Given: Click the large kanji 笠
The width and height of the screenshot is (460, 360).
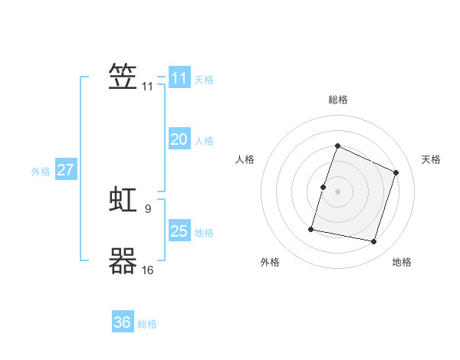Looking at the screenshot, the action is click(123, 77).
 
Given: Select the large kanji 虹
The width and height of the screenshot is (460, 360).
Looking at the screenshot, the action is click(123, 199).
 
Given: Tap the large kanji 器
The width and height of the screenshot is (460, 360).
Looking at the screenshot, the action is click(123, 260).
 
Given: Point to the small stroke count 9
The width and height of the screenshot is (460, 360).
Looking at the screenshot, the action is click(148, 209).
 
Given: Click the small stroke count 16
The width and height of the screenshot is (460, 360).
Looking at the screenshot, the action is click(147, 270).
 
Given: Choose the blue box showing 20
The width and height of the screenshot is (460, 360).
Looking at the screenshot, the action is click(179, 139).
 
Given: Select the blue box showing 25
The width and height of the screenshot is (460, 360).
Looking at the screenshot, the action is click(179, 230).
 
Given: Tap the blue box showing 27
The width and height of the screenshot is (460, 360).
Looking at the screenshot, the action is click(66, 169).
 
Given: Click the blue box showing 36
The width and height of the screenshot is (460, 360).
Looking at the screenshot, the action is click(123, 321).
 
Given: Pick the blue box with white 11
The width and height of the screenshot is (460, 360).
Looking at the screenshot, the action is click(179, 77).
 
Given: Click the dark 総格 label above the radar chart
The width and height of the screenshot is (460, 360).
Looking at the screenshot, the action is click(338, 100).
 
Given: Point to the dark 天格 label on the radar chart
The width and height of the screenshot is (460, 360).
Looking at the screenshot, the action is click(431, 159).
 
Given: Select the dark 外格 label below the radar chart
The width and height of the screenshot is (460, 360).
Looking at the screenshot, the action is click(270, 262).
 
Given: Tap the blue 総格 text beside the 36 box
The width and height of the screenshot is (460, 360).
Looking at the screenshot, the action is click(147, 324).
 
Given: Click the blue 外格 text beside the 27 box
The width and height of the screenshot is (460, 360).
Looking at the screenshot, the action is click(41, 172).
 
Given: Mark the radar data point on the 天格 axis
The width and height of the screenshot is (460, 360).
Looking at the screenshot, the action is click(396, 172).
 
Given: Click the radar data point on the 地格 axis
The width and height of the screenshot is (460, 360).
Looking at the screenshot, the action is click(374, 241).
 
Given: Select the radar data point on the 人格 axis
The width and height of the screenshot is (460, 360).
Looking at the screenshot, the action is click(323, 188).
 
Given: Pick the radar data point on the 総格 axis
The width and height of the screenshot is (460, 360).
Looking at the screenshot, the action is click(337, 146).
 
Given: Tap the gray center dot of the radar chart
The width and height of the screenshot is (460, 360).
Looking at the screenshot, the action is click(337, 191).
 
